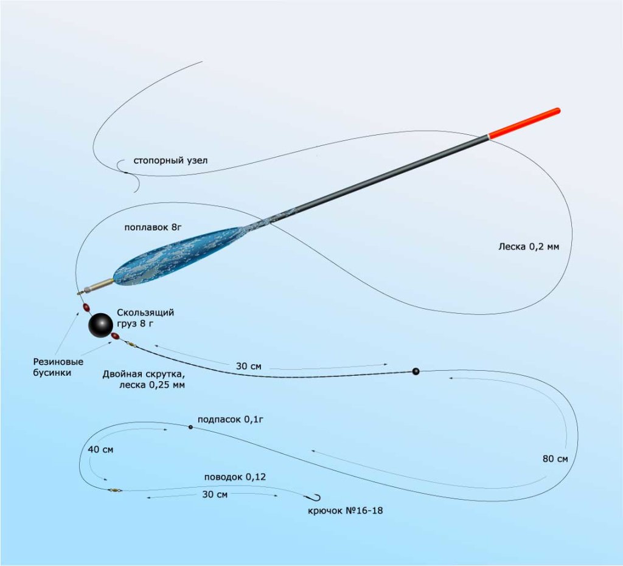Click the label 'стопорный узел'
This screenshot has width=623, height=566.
170,161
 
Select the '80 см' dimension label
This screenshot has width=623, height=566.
554,458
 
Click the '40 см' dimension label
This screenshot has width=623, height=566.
100,449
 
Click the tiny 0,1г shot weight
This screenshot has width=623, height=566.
190,427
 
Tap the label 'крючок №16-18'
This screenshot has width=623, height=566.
346,511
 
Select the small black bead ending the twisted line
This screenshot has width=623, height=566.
416,371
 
